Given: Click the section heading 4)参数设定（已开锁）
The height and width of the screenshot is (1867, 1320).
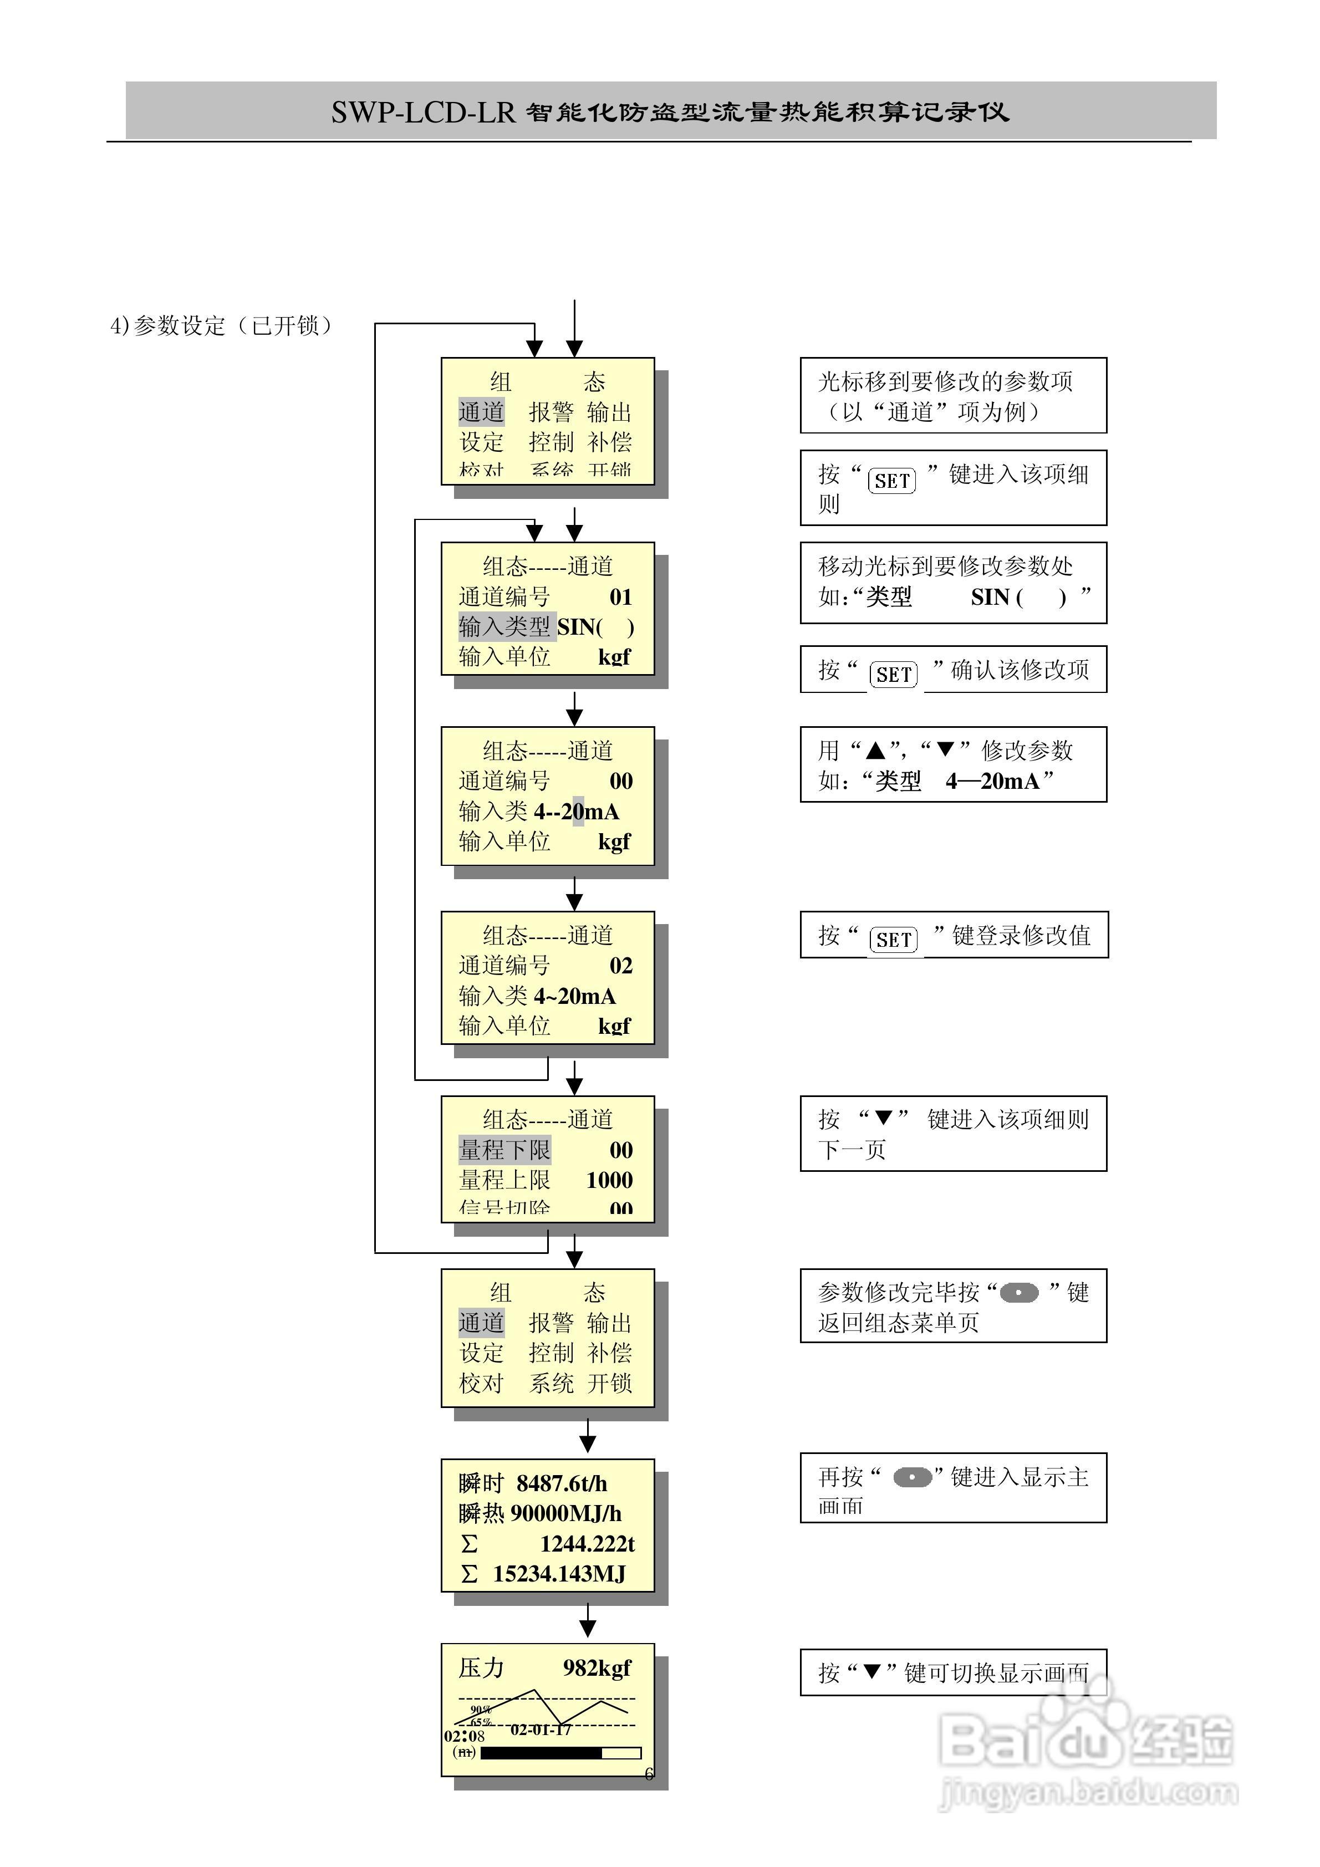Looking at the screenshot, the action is (221, 326).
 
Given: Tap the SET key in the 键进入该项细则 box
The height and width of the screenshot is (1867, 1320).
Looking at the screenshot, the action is (891, 481).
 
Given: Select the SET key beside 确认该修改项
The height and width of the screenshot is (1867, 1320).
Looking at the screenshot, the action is (893, 674).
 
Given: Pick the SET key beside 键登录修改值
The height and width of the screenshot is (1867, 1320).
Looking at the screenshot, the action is (893, 940).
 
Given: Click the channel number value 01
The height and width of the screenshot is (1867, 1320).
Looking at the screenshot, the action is (620, 598).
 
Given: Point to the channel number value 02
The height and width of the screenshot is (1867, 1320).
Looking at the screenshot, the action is (620, 966).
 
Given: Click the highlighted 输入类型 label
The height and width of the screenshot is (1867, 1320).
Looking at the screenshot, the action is (505, 627).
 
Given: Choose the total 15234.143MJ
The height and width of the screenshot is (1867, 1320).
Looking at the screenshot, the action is (559, 1574).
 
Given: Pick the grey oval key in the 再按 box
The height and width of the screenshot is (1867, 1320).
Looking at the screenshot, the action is (913, 1477).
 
